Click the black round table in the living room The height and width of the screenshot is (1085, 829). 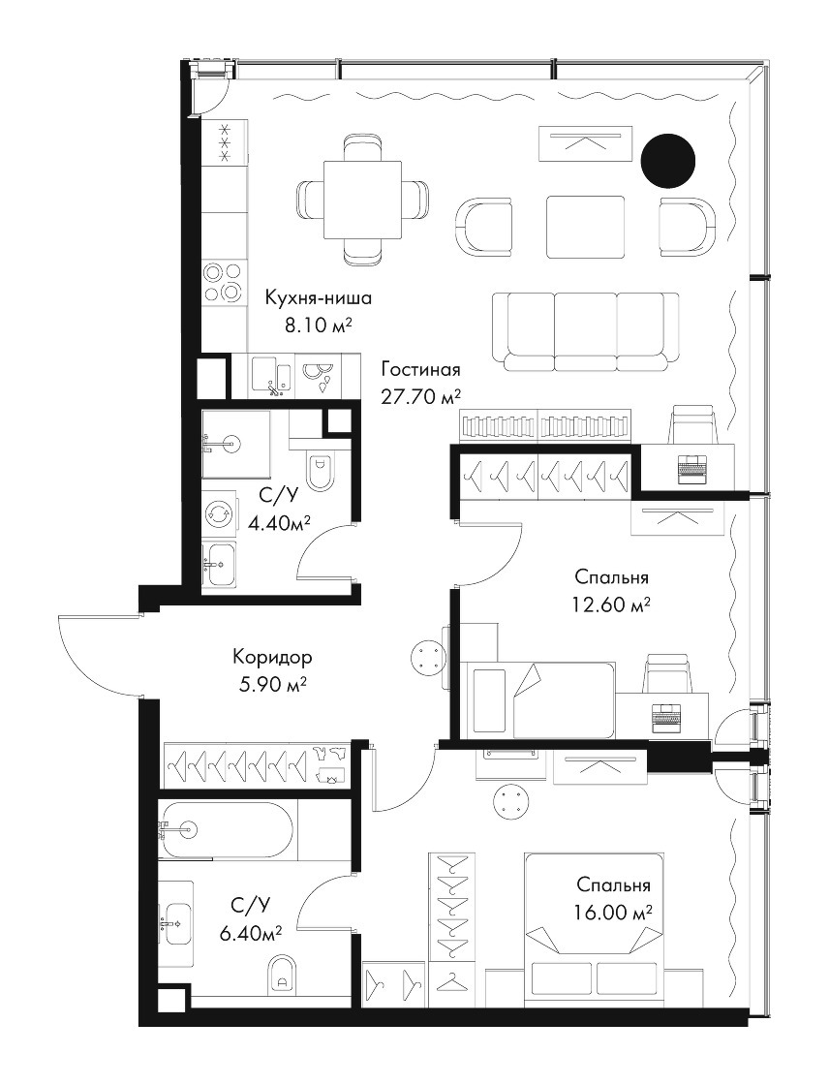(668, 160)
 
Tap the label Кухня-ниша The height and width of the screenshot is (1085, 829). (319, 298)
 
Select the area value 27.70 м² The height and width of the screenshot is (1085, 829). (420, 396)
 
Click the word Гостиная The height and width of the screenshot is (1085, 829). (420, 369)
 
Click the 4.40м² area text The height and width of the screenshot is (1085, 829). (278, 524)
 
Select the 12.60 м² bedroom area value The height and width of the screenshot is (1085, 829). (611, 605)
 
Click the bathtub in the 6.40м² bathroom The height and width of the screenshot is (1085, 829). (228, 828)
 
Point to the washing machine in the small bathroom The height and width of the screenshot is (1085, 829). (219, 512)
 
